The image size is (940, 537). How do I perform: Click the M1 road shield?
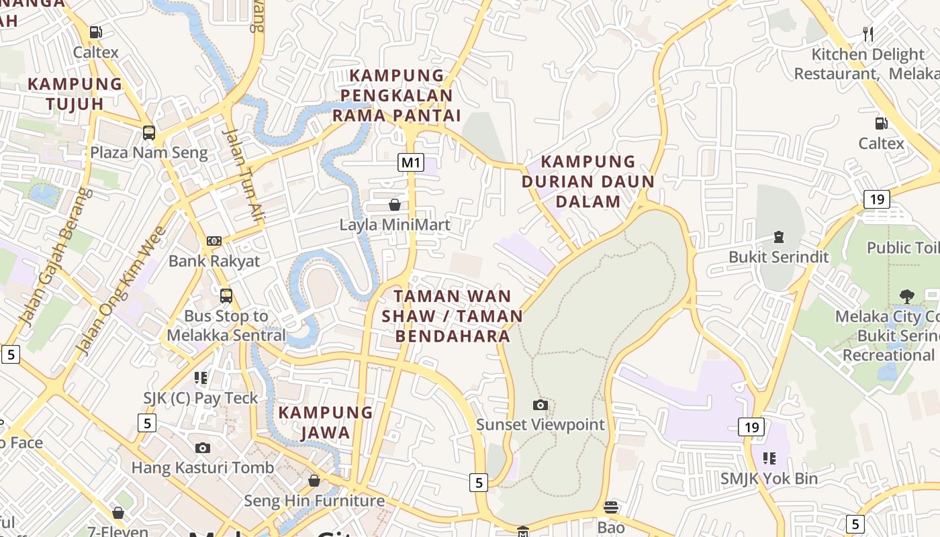[411, 162]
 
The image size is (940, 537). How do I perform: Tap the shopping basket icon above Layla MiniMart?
[395, 204]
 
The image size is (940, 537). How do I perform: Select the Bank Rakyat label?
[214, 261]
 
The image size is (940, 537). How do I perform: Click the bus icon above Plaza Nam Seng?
[149, 133]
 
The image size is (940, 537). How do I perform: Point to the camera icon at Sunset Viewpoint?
[540, 405]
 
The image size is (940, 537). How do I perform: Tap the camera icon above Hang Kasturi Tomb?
[202, 448]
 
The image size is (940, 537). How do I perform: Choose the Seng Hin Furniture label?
[314, 501]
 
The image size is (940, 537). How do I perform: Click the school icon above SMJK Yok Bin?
[769, 458]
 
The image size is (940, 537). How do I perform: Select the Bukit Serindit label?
[779, 257]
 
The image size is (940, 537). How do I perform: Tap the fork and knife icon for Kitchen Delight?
[868, 34]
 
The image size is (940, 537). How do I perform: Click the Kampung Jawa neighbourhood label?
[326, 422]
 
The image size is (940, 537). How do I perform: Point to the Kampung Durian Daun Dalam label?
[587, 181]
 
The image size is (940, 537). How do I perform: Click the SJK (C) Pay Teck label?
[200, 398]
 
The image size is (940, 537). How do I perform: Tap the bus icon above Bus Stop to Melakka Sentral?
[226, 295]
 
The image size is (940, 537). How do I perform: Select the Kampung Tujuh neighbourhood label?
[75, 94]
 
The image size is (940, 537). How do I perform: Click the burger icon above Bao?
[611, 507]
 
